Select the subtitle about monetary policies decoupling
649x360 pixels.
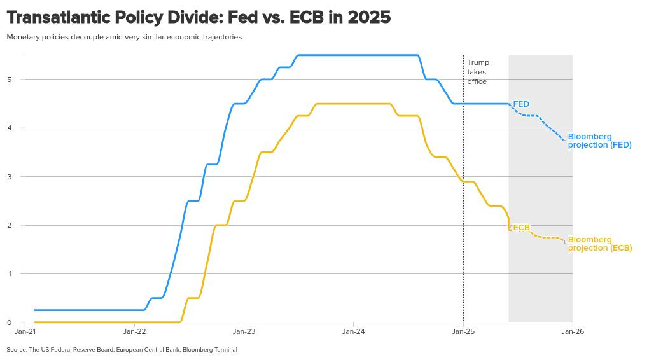pyautogui.click(x=124, y=37)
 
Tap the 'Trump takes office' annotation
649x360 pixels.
pyautogui.click(x=478, y=72)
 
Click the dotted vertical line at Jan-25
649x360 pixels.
pyautogui.click(x=463, y=188)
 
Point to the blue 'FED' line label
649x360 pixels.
pyautogui.click(x=521, y=104)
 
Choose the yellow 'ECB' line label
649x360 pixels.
pyautogui.click(x=521, y=228)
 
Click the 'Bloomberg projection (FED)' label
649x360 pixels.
pyautogui.click(x=600, y=141)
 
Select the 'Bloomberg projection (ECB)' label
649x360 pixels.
pyautogui.click(x=600, y=244)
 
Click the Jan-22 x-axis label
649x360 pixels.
pyautogui.click(x=134, y=331)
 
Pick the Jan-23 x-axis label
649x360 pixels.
pyautogui.click(x=244, y=331)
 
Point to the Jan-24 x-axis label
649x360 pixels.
pyautogui.click(x=354, y=331)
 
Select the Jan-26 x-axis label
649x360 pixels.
pyautogui.click(x=573, y=331)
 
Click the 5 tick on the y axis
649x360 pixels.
pyautogui.click(x=9, y=80)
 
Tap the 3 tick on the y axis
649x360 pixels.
pyautogui.click(x=9, y=177)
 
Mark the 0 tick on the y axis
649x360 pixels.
pyautogui.click(x=9, y=322)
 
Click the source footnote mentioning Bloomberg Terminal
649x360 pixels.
pyautogui.click(x=122, y=350)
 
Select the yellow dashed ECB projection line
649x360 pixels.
pyautogui.click(x=538, y=237)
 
